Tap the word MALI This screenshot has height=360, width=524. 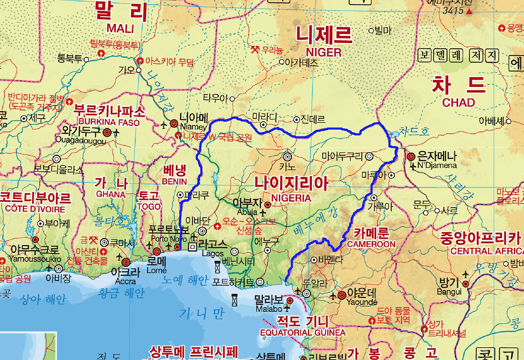[120, 28]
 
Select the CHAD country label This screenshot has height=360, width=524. [458, 102]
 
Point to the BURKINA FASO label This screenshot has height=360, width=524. [109, 122]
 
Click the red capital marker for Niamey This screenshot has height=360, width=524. [174, 123]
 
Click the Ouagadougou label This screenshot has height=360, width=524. [81, 141]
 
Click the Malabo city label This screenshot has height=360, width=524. [269, 309]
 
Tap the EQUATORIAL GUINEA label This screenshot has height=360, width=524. [303, 332]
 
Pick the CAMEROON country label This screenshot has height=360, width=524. [371, 244]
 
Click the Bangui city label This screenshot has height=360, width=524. [449, 292]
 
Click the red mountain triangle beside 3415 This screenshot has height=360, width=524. [469, 11]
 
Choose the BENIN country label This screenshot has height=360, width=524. [174, 181]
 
